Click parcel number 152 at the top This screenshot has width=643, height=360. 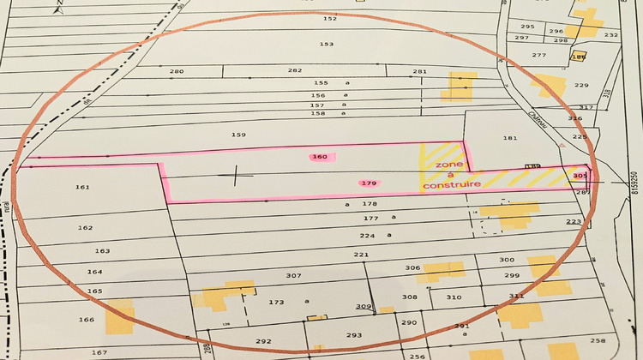(x=330, y=18)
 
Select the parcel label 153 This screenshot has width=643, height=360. (x=326, y=44)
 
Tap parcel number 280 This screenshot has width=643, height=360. (x=177, y=71)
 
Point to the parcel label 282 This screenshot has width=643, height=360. (x=295, y=71)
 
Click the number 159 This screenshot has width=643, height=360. (x=238, y=135)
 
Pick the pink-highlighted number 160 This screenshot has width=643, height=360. (x=321, y=157)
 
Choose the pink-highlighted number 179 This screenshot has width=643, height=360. (x=370, y=183)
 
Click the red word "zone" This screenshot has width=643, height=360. (x=448, y=163)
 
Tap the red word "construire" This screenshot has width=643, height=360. (x=452, y=184)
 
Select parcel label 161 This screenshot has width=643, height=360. (x=83, y=187)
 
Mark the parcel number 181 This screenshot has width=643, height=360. (x=510, y=138)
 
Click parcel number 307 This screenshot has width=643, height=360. (x=293, y=275)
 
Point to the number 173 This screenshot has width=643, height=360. (x=276, y=302)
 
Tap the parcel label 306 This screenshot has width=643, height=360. (x=412, y=267)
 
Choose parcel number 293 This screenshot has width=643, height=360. (x=354, y=336)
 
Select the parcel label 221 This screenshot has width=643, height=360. (x=360, y=255)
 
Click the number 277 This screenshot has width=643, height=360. (x=538, y=55)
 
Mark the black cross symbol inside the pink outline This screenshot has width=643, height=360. (x=237, y=177)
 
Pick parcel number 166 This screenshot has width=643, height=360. (x=86, y=320)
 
